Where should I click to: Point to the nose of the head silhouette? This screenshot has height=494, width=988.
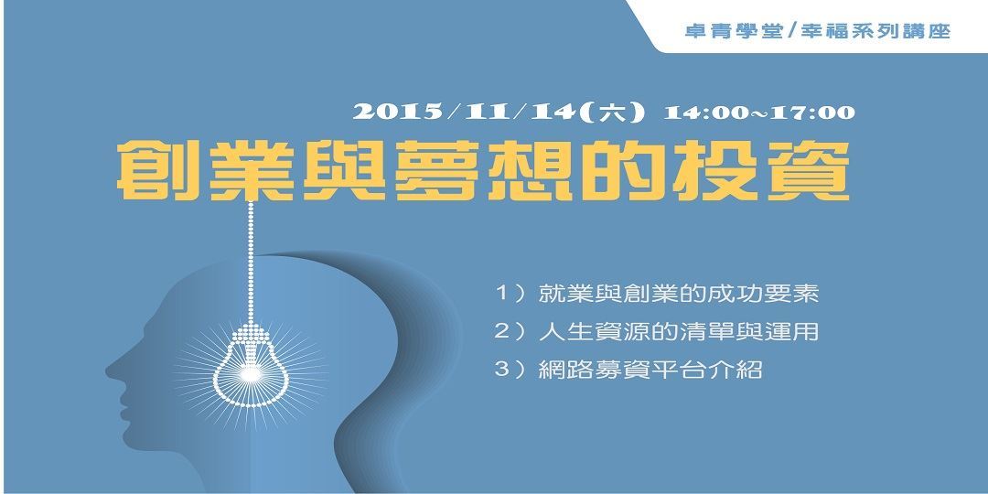(112, 370)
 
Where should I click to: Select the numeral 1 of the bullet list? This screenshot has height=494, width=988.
(500, 295)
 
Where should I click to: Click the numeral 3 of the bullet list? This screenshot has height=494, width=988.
(500, 371)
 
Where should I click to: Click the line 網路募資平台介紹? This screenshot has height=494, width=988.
(650, 371)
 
